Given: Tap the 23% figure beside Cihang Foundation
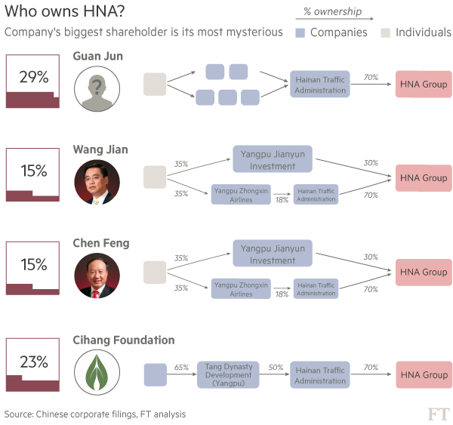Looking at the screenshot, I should [x=32, y=362].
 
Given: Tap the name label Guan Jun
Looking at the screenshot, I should [x=98, y=57].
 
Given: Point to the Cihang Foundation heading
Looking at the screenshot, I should [x=124, y=340].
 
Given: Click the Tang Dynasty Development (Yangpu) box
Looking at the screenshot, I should [x=229, y=374].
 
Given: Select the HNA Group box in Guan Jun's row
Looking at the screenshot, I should [x=423, y=84].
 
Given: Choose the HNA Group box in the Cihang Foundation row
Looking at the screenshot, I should [x=423, y=374].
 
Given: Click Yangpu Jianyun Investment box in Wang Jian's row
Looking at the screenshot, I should [x=273, y=160].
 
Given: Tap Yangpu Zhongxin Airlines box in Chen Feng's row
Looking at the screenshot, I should [x=241, y=289].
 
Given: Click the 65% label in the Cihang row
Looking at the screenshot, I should [x=181, y=367].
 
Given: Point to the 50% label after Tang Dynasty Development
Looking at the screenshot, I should [x=275, y=367].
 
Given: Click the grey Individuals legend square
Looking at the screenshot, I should [x=384, y=32].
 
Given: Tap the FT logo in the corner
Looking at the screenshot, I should [x=437, y=413].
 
